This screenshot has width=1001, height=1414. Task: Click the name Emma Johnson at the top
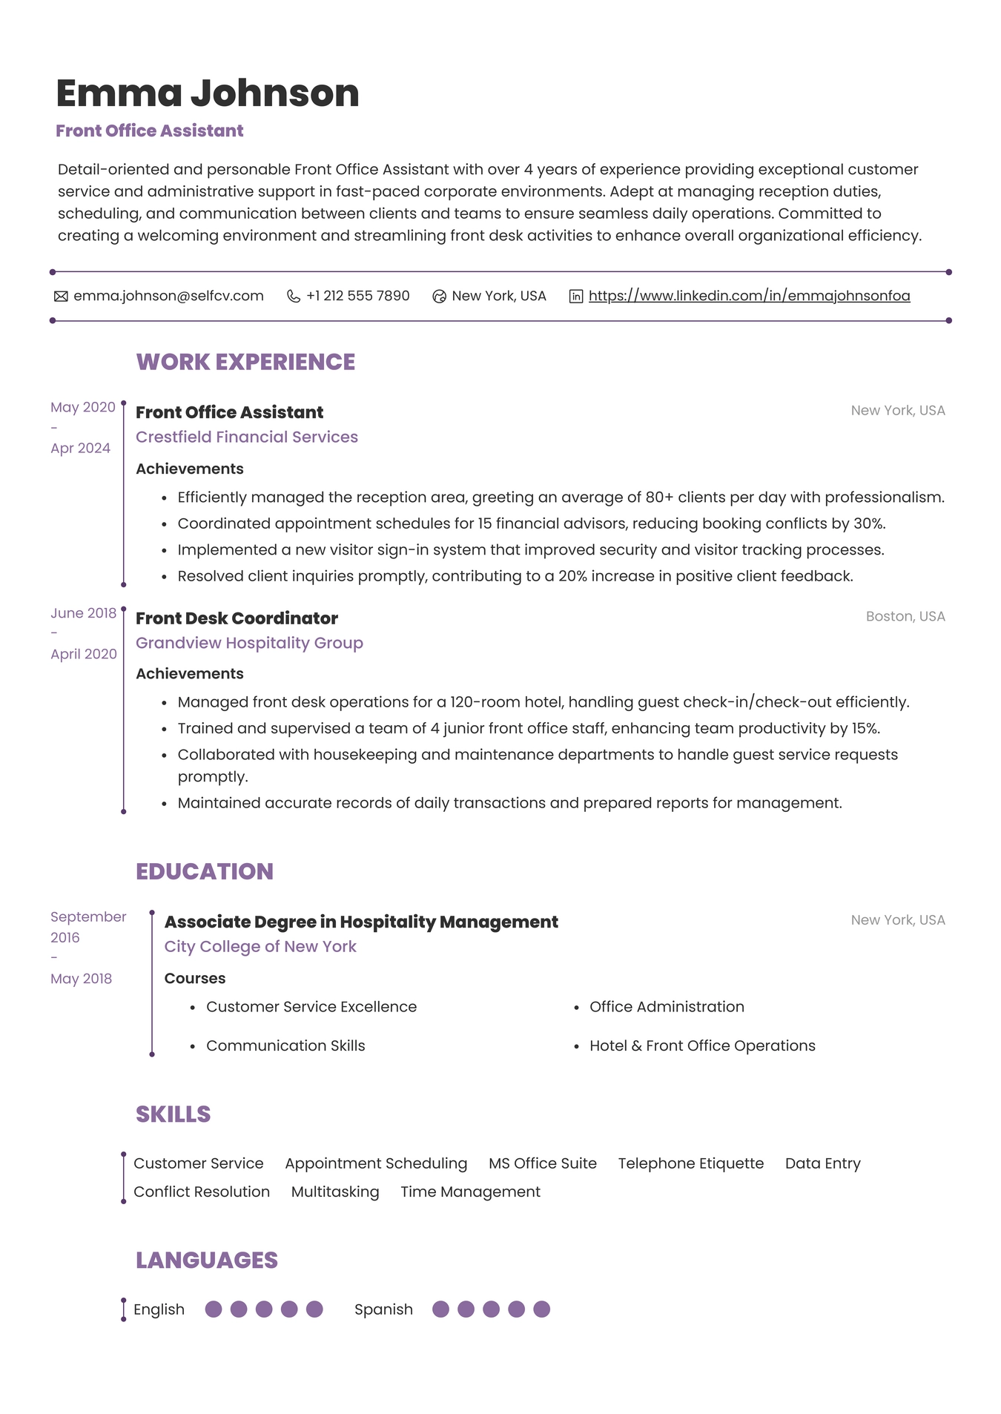coord(208,93)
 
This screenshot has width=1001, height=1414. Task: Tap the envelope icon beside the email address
coord(61,297)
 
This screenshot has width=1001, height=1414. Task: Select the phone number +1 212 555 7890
coord(357,296)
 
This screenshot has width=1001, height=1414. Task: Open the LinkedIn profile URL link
coord(749,296)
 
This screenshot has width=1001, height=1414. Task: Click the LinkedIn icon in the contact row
coord(575,297)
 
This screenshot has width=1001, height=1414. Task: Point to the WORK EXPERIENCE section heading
coord(245,362)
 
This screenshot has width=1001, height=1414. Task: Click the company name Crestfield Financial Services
coord(247,437)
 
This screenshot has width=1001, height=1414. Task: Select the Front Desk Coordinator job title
coord(237,618)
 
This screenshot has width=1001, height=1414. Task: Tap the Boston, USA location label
coord(905,616)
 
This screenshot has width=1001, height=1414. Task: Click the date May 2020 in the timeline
coord(83,407)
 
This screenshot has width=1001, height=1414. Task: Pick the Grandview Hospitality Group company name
coord(249,643)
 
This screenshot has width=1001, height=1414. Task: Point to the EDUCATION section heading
coord(205,871)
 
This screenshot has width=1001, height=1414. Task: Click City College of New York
coord(260,946)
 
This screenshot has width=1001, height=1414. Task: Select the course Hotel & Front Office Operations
coord(702,1045)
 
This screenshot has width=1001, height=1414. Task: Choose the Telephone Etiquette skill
coord(690,1163)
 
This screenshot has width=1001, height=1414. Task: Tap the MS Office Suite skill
coord(542,1163)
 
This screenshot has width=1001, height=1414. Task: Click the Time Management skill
coord(470,1192)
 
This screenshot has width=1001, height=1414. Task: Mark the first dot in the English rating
coord(214,1309)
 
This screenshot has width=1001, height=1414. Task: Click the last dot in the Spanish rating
coord(542,1309)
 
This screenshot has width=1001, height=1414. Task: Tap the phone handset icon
coord(294,297)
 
